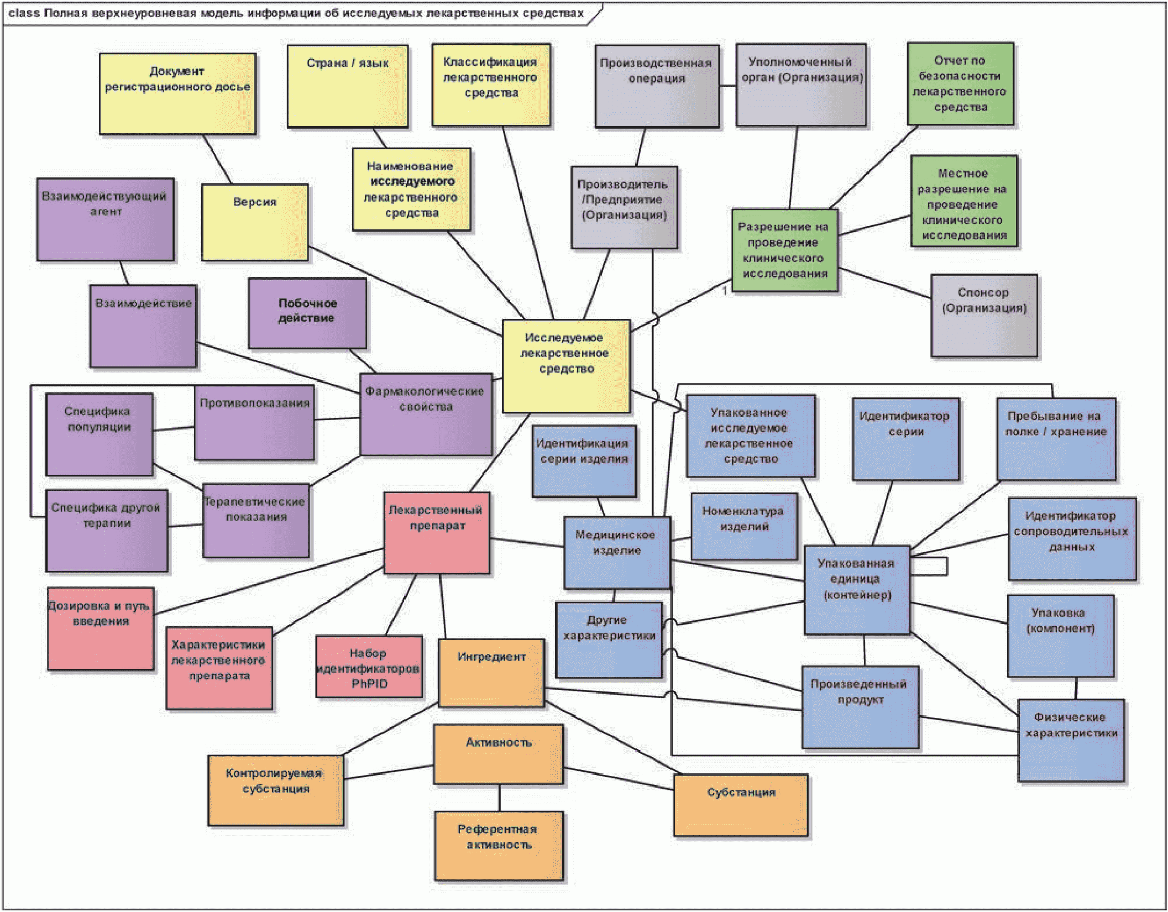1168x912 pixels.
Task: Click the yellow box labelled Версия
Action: pos(254,222)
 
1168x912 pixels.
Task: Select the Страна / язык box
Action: pos(347,86)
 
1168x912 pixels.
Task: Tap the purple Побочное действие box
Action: pos(307,313)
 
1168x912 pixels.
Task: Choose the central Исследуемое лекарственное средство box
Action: pos(565,365)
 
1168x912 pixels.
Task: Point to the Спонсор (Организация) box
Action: pos(983,315)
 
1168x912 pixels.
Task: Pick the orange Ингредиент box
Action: pos(491,672)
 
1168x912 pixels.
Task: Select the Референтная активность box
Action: pos(499,845)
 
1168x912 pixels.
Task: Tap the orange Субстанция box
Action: pos(740,804)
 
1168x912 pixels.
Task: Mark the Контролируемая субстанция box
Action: pos(275,790)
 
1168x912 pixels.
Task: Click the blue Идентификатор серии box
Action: pos(905,439)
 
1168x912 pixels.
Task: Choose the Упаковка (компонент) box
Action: pos(1060,635)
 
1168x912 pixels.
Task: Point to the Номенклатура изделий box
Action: pos(743,526)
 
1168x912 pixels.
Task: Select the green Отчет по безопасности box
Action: pos(960,83)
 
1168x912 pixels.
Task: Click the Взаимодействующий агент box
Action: pos(105,219)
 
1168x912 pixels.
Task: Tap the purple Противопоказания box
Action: pos(254,422)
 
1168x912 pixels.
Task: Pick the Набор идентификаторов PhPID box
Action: pos(369,667)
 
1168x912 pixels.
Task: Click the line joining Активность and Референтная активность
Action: pos(499,797)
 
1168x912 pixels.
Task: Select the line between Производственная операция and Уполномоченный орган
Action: pos(728,86)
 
